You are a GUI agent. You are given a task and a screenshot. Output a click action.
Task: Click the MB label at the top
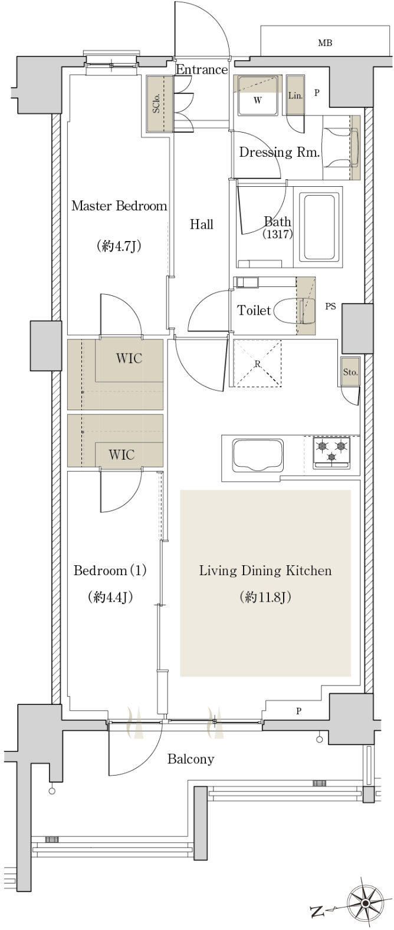[325, 43]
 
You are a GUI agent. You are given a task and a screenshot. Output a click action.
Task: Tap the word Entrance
[202, 70]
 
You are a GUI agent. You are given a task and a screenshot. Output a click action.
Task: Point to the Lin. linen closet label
[295, 95]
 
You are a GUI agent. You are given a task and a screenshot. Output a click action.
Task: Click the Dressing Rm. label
[280, 153]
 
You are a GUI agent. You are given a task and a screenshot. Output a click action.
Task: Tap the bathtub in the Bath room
[319, 227]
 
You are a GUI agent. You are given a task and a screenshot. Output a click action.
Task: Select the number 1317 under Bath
[278, 234]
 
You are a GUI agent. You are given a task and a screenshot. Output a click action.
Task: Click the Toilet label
[254, 310]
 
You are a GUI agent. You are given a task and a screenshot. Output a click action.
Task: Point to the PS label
[330, 306]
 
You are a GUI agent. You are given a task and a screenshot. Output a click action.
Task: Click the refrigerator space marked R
[258, 363]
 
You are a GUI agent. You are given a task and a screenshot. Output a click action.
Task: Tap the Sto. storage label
[350, 372]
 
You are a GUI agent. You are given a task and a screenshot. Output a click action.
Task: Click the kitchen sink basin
[258, 455]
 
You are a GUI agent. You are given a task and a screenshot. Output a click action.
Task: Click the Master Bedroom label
[119, 206]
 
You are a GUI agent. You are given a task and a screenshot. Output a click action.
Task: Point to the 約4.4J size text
[110, 597]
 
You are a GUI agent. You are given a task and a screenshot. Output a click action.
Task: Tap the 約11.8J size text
[265, 597]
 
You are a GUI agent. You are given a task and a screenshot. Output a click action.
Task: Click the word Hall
[202, 225]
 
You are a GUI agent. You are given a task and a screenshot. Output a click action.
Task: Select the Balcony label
[191, 759]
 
